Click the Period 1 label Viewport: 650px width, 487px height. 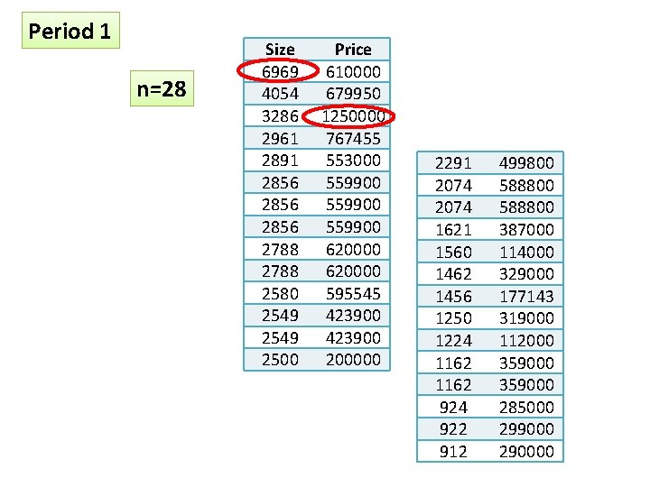tap(70, 32)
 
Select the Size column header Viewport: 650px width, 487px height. tap(280, 50)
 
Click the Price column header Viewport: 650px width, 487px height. tap(352, 50)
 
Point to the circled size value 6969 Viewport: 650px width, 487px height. tap(280, 71)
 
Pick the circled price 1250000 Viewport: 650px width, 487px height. tap(353, 116)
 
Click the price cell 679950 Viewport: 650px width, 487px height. tap(353, 94)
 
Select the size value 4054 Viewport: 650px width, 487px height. tap(280, 94)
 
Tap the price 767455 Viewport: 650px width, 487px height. tap(353, 138)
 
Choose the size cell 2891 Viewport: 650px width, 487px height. tap(280, 161)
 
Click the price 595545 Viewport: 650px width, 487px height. tap(353, 293)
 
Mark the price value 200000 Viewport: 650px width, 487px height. tap(353, 359)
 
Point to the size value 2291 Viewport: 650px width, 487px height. tap(453, 163)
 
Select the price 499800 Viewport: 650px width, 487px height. tap(526, 163)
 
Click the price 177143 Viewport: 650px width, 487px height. tap(526, 296)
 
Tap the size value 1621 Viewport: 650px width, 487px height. tap(453, 229)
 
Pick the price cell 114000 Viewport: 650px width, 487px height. tap(526, 252)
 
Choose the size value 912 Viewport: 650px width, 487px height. tap(453, 451)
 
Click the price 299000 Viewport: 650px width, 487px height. tap(526, 429)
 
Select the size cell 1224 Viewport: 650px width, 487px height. tap(453, 340)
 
